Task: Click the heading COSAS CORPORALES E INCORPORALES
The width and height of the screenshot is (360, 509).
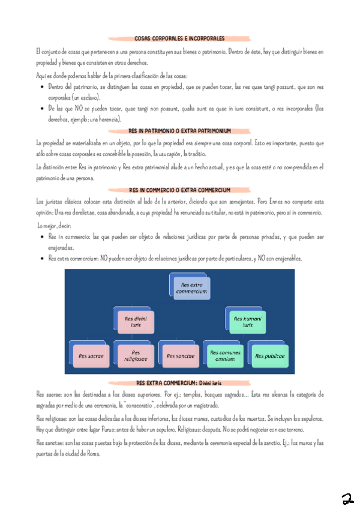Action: tap(179, 38)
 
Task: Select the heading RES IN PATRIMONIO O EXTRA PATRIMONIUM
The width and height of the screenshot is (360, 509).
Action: tap(179, 130)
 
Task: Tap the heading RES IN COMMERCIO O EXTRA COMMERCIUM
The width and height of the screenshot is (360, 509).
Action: tap(179, 190)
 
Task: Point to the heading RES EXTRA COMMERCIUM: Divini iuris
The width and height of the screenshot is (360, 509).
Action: tap(179, 382)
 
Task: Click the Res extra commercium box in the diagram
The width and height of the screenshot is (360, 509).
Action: tap(191, 288)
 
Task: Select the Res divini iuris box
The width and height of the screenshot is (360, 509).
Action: tap(136, 321)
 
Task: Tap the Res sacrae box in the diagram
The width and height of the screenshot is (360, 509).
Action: tap(91, 355)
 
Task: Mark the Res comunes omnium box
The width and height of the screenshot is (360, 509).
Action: tap(225, 355)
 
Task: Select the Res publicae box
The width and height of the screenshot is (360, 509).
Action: tap(269, 355)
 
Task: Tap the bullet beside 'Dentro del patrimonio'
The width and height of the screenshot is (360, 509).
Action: tap(40, 87)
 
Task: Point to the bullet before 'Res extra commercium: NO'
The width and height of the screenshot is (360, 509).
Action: tap(40, 259)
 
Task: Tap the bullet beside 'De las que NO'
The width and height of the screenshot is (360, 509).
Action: tap(40, 109)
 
